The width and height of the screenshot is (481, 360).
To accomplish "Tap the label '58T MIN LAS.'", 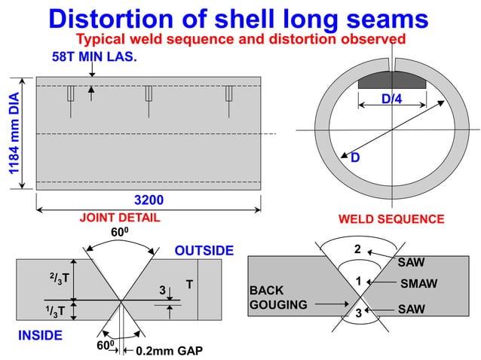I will (x=94, y=57).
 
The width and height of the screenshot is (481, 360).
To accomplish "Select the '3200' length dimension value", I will (x=149, y=200).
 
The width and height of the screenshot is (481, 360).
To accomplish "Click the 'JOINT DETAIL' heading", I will (x=120, y=218).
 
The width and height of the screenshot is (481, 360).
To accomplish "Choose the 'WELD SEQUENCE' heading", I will (x=391, y=219).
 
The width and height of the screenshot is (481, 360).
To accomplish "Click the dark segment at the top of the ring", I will (x=390, y=78).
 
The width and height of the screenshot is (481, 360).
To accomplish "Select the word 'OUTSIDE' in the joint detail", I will (x=204, y=250).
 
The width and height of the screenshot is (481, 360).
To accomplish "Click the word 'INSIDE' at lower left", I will (x=39, y=334).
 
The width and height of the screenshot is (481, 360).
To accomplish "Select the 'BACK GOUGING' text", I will (x=277, y=297).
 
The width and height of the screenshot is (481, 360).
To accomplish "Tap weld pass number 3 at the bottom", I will (x=358, y=313).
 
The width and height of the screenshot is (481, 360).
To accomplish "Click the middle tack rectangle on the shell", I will (x=149, y=93).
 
